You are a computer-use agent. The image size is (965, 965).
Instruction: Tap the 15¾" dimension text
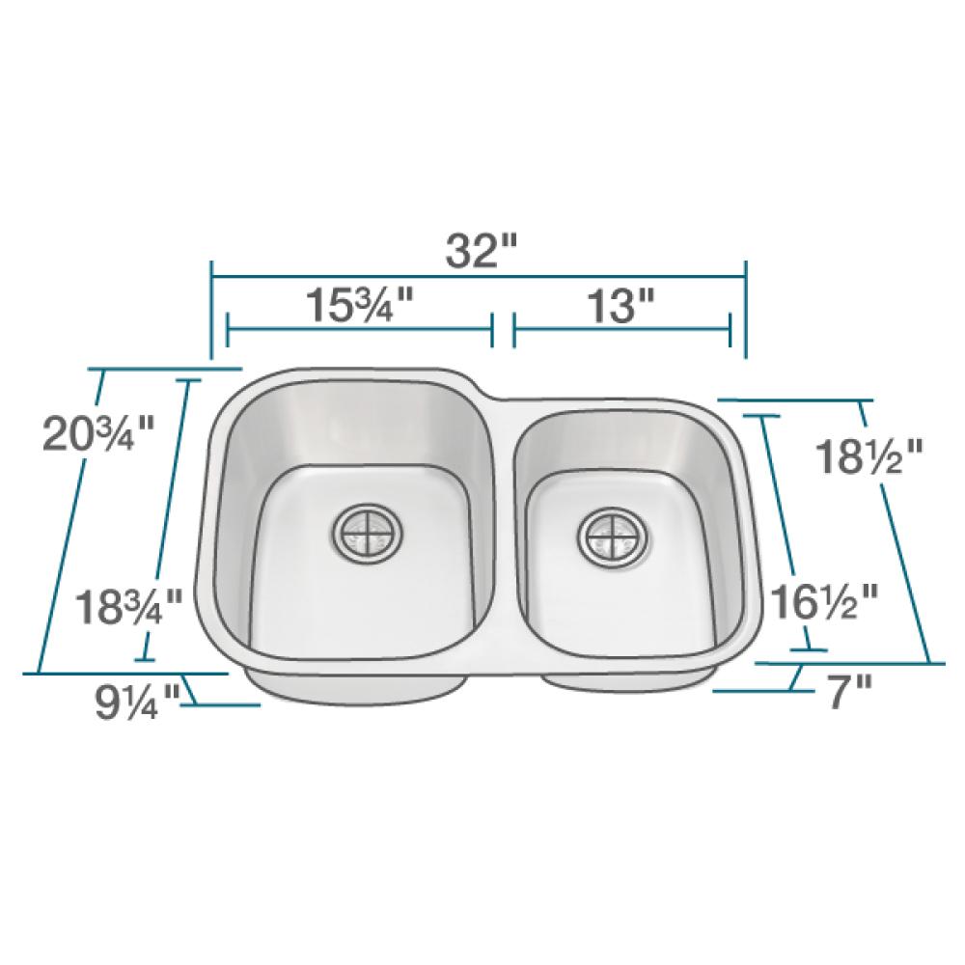[x=360, y=306]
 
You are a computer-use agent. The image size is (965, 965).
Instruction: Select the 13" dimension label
[x=623, y=306]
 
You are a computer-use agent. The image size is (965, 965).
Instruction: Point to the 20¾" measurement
[x=97, y=434]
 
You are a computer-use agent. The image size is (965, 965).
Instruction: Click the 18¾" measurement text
[x=129, y=606]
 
